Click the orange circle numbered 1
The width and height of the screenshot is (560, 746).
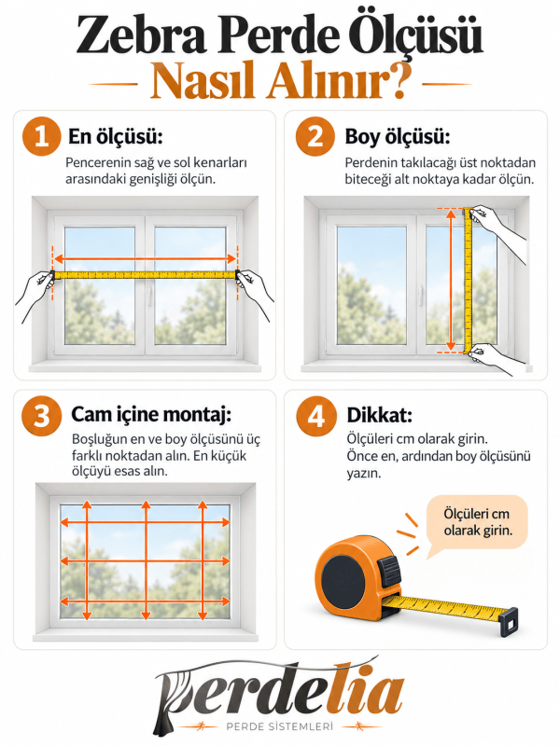click(41, 136)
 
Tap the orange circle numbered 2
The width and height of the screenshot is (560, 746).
click(315, 136)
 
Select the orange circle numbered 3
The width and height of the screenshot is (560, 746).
click(41, 415)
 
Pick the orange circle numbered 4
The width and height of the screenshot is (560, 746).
click(315, 416)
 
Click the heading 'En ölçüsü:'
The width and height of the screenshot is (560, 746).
click(116, 137)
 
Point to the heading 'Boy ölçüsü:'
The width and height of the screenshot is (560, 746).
click(398, 137)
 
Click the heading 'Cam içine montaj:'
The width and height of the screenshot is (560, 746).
click(151, 415)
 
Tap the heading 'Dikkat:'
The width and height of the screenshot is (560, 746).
click(380, 415)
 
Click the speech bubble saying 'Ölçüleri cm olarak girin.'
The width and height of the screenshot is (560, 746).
click(477, 523)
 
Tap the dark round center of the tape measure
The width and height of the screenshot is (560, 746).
click(343, 579)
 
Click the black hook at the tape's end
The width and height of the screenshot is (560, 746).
click(509, 622)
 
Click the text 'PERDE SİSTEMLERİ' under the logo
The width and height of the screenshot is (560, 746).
click(279, 727)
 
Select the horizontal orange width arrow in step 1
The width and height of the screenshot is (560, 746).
click(146, 259)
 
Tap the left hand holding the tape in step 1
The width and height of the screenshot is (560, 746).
click(35, 293)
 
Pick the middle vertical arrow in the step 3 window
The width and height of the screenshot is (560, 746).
click(146, 560)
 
